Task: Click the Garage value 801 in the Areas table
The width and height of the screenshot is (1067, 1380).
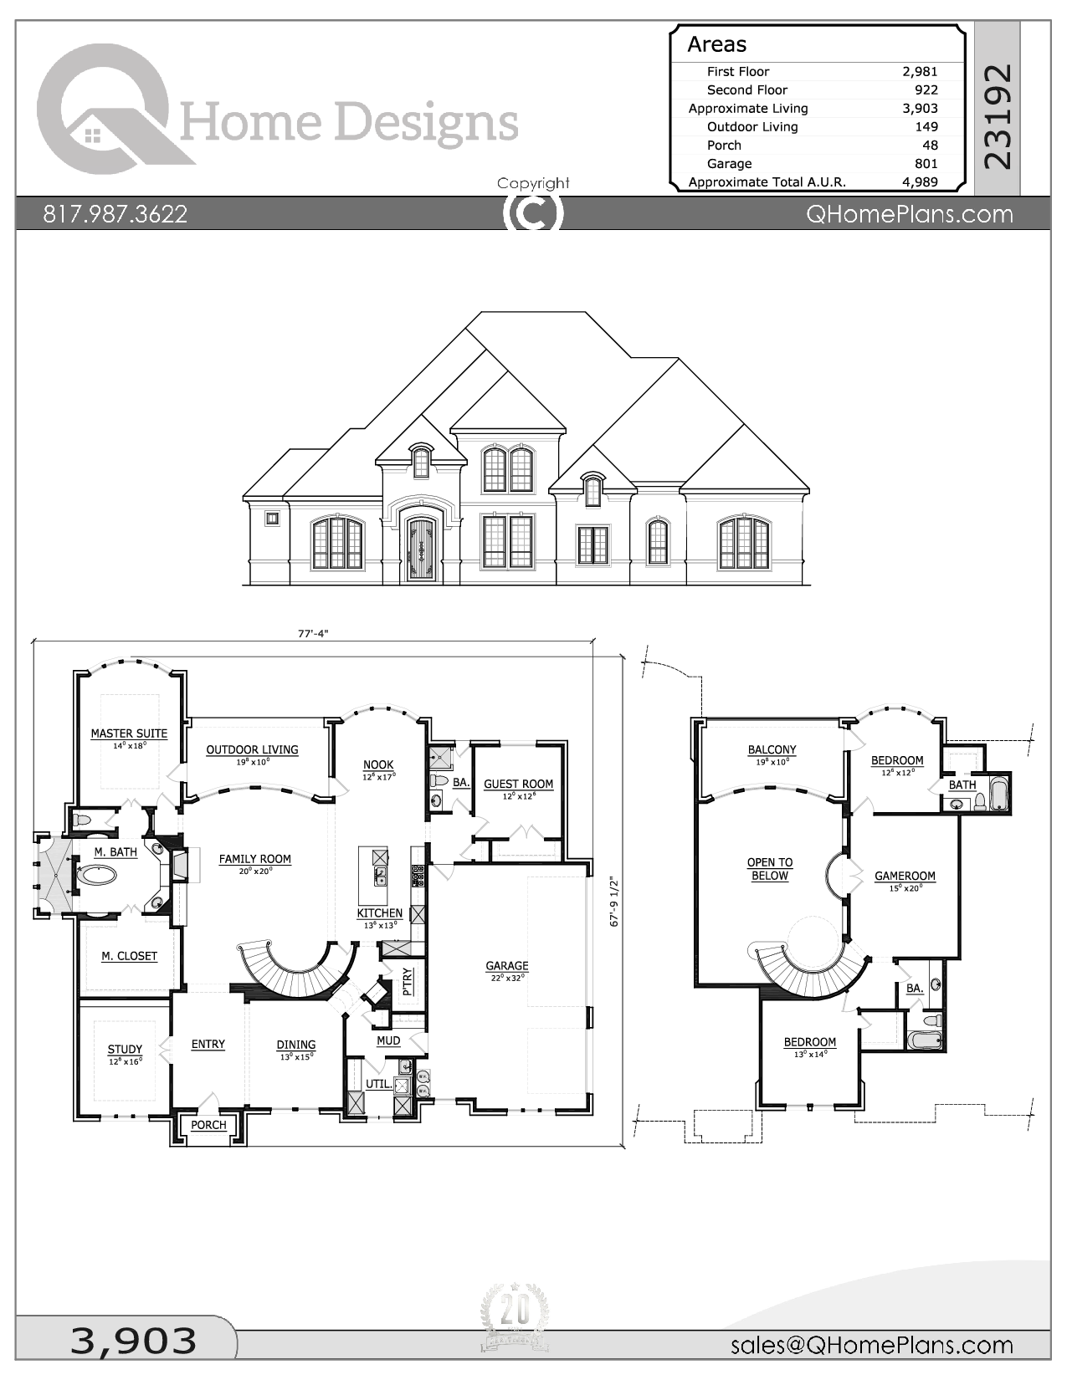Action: pyautogui.click(x=926, y=164)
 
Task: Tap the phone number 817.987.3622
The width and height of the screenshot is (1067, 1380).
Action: pyautogui.click(x=115, y=214)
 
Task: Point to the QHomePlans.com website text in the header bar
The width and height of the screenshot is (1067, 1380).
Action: pyautogui.click(x=909, y=214)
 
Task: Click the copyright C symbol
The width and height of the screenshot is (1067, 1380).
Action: pyautogui.click(x=533, y=213)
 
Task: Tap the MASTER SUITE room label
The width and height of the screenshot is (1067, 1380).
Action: pyautogui.click(x=129, y=733)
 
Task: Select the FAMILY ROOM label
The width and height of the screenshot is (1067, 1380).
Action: pyautogui.click(x=255, y=859)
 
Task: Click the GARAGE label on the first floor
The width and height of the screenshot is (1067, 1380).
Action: pyautogui.click(x=507, y=966)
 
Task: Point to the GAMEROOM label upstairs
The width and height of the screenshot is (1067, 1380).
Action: pyautogui.click(x=905, y=877)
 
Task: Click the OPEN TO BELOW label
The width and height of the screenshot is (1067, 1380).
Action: pyautogui.click(x=770, y=869)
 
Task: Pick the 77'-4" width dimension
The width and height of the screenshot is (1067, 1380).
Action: pyautogui.click(x=313, y=634)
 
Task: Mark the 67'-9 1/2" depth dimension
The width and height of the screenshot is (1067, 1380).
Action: pyautogui.click(x=615, y=901)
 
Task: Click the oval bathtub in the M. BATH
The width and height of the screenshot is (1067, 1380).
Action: pyautogui.click(x=100, y=876)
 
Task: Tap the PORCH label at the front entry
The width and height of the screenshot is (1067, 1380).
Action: pyautogui.click(x=208, y=1125)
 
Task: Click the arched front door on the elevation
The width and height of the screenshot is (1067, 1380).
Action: pyautogui.click(x=420, y=550)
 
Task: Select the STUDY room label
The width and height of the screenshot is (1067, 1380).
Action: pyautogui.click(x=125, y=1050)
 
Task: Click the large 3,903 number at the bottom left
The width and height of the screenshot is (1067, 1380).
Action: pyautogui.click(x=134, y=1340)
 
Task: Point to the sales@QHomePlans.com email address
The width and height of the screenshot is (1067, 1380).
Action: pyautogui.click(x=872, y=1345)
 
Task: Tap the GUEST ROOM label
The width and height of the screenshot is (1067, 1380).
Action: pyautogui.click(x=518, y=785)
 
